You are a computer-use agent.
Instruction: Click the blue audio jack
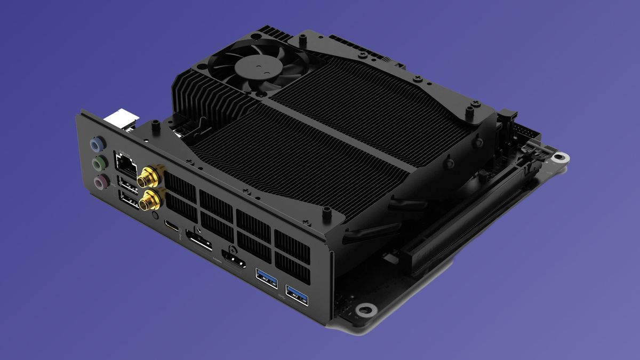[97, 144]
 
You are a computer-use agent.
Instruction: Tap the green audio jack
[98, 163]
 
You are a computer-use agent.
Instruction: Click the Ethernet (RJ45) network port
[125, 163]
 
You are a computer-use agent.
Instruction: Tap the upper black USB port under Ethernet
[127, 184]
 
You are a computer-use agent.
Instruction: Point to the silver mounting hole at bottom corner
[365, 309]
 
